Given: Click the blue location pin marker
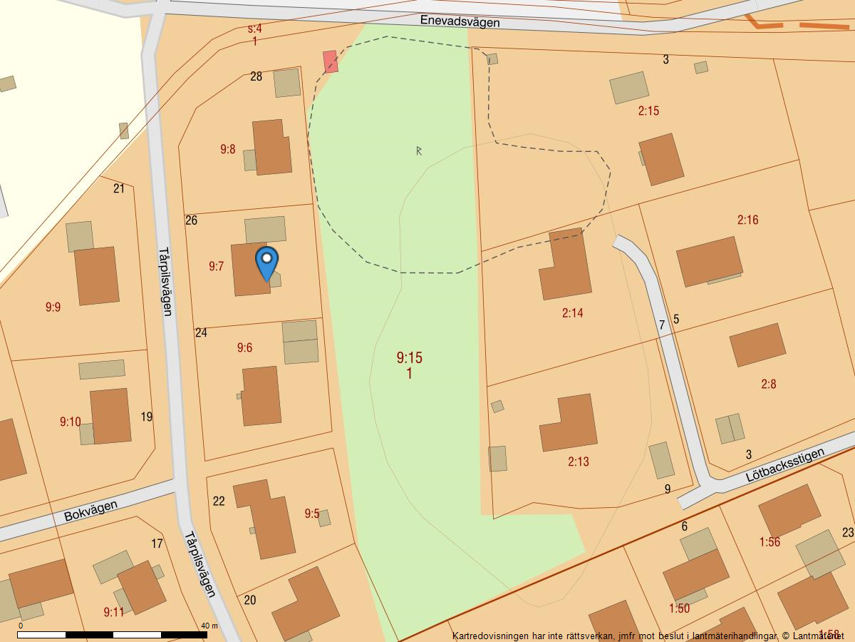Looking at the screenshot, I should pyautogui.click(x=266, y=262).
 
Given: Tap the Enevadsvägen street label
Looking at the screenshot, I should pyautogui.click(x=460, y=21).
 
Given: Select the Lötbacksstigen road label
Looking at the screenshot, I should pyautogui.click(x=785, y=465).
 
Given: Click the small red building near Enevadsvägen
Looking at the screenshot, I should pyautogui.click(x=330, y=61).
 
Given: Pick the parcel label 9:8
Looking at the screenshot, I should pyautogui.click(x=227, y=149).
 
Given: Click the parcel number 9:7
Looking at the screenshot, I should pyautogui.click(x=216, y=266).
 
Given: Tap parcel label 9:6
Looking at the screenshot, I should pyautogui.click(x=244, y=347).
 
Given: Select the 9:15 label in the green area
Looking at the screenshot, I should pyautogui.click(x=410, y=357).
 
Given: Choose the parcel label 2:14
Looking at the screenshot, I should pyautogui.click(x=572, y=312).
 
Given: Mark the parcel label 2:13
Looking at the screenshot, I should pyautogui.click(x=579, y=462).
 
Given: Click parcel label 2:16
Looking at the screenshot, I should pyautogui.click(x=747, y=220).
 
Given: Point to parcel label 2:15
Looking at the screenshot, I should pyautogui.click(x=648, y=111).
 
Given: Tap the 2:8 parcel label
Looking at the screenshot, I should pyautogui.click(x=768, y=384).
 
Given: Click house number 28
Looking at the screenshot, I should pyautogui.click(x=256, y=76).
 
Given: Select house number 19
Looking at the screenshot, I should pyautogui.click(x=147, y=417).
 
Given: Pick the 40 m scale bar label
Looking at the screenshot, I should pyautogui.click(x=209, y=626).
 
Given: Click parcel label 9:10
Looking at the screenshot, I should pyautogui.click(x=70, y=422).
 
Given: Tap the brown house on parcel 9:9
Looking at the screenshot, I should pyautogui.click(x=96, y=275).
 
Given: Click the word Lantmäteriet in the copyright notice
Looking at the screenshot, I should pyautogui.click(x=817, y=636).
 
